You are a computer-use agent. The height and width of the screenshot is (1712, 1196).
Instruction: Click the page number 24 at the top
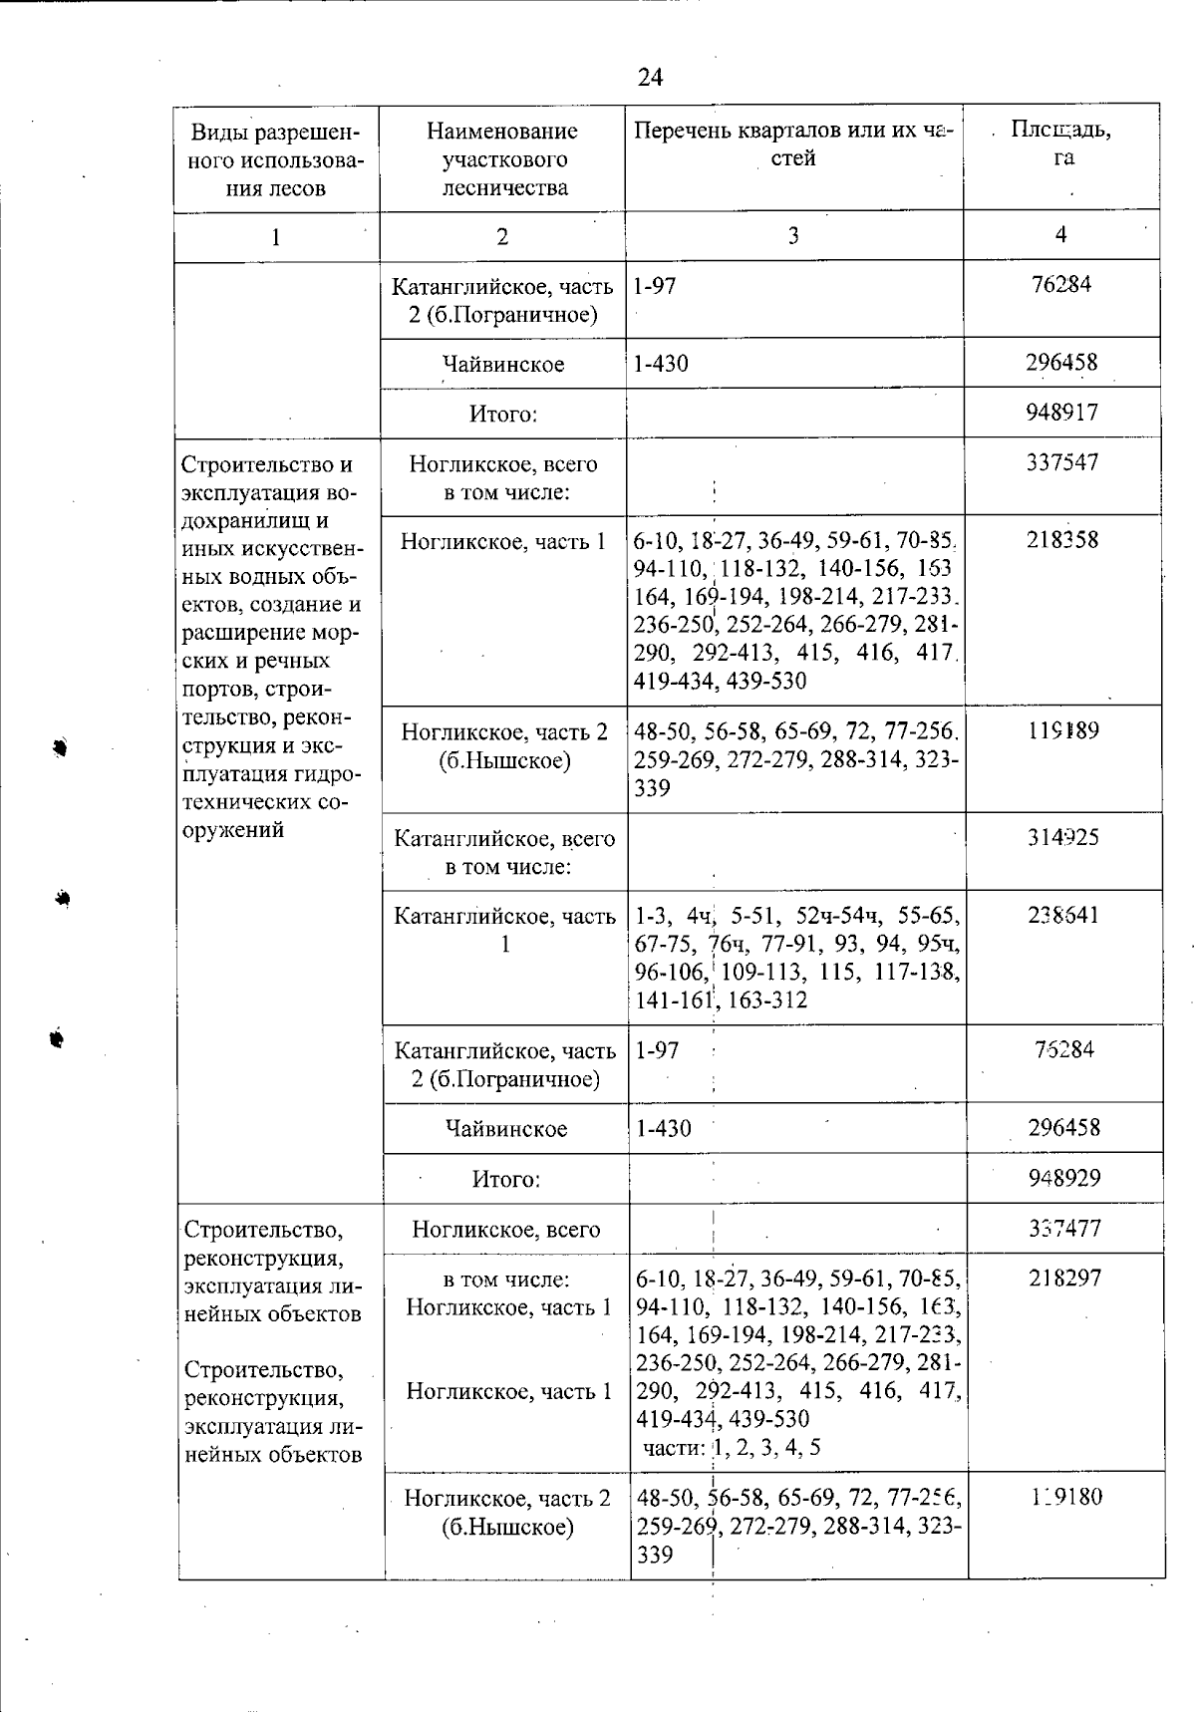tap(650, 77)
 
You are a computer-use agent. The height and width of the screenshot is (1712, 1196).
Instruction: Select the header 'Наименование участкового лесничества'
tap(501, 159)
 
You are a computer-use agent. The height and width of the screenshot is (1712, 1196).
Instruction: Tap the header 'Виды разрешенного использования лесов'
tap(275, 159)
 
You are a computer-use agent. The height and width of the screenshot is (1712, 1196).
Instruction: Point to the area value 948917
tap(1061, 412)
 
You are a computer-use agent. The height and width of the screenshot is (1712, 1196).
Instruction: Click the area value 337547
tap(1062, 462)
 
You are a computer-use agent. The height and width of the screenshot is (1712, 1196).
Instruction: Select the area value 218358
tap(1062, 540)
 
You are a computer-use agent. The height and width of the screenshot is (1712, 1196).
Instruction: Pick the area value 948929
tap(1064, 1178)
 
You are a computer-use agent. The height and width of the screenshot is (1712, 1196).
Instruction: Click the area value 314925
tap(1063, 837)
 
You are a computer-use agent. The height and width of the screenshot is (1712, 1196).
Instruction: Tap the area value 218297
tap(1064, 1278)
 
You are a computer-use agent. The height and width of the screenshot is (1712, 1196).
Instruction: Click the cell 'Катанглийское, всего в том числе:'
tap(505, 852)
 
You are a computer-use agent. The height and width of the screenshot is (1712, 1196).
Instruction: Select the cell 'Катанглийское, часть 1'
tap(505, 929)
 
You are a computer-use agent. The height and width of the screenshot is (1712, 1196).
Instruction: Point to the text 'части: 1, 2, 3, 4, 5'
tap(732, 1447)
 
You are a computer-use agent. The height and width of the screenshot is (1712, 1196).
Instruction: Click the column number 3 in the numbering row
tap(793, 236)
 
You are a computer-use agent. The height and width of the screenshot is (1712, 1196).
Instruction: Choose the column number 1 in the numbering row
tap(276, 237)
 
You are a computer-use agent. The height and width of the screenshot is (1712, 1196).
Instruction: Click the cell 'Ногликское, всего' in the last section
tap(506, 1229)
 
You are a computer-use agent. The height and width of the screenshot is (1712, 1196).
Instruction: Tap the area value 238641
tap(1063, 915)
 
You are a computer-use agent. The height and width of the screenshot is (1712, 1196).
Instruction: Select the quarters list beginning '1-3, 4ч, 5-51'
tap(797, 957)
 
